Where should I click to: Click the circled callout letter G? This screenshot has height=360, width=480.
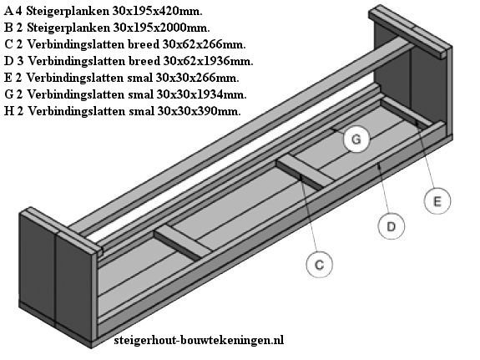(356, 139)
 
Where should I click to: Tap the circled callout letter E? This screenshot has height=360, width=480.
(437, 201)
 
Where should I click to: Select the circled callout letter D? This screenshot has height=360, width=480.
(392, 226)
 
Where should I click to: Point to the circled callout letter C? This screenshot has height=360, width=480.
(319, 265)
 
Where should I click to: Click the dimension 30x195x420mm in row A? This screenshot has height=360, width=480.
(157, 12)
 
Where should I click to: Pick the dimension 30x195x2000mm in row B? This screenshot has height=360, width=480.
(162, 28)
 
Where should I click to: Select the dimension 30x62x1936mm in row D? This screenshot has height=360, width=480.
(208, 61)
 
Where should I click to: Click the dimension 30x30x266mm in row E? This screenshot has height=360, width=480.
(197, 78)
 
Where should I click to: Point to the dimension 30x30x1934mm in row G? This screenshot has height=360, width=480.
(201, 94)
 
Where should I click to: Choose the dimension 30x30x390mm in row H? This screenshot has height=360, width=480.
(199, 111)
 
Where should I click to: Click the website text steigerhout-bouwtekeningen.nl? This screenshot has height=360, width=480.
(199, 340)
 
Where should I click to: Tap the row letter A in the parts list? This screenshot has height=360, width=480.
(8, 12)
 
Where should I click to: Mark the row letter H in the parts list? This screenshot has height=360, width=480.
(9, 111)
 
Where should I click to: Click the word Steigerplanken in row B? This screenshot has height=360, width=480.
(68, 28)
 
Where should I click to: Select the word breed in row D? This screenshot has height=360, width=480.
(144, 61)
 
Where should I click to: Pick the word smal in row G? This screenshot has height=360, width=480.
(141, 94)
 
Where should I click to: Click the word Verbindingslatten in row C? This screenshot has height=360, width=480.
(76, 45)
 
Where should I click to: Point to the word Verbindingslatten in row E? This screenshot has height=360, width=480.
(75, 78)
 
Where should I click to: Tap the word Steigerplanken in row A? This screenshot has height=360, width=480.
(68, 12)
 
